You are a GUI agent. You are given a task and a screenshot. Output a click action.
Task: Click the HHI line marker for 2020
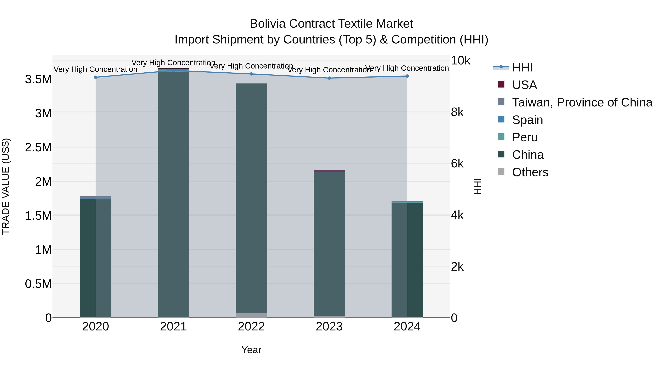[95, 77]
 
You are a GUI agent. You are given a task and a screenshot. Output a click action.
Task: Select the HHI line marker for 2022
[251, 74]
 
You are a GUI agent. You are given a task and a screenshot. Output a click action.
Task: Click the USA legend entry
[524, 85]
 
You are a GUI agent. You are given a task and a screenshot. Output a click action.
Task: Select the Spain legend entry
[527, 120]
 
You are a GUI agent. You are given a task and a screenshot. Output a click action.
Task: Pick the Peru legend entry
[525, 137]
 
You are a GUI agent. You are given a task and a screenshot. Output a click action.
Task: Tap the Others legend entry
[530, 172]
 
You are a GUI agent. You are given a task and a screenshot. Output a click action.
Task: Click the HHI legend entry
[522, 67]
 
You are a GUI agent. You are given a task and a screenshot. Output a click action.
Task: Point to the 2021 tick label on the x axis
[173, 327]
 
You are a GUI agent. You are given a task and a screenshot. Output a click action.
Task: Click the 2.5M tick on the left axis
[38, 148]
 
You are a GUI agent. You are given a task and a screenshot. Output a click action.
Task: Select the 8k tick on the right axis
[457, 112]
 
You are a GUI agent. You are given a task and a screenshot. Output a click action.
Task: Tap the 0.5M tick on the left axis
[38, 284]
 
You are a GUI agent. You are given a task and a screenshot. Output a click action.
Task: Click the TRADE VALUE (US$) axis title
[6, 186]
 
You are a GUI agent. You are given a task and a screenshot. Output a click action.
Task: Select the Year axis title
[251, 350]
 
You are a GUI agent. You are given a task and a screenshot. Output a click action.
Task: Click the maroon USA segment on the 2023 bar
[329, 171]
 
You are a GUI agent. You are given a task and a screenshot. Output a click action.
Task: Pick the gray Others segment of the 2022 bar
[251, 315]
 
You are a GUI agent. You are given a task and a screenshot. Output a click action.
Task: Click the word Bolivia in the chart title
[268, 24]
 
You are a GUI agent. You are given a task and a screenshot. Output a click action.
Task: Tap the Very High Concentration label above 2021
[173, 63]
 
